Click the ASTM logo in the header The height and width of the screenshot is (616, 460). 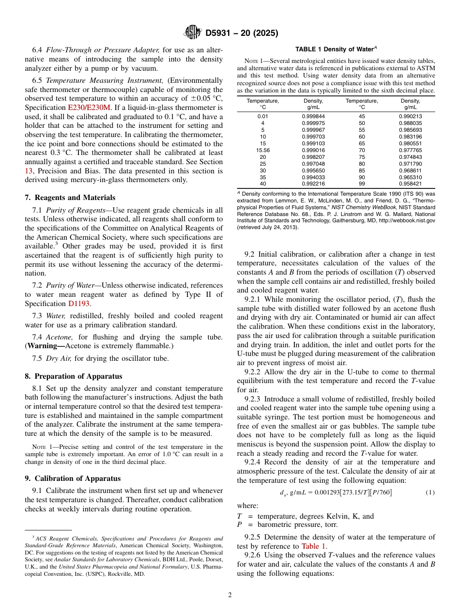click(192, 33)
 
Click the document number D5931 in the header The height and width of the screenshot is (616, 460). click(221, 33)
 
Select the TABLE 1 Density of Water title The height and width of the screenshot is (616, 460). click(336, 49)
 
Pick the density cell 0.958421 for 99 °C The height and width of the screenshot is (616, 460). click(410, 184)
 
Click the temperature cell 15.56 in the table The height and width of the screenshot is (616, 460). click(262, 150)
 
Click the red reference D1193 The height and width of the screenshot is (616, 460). click(79, 304)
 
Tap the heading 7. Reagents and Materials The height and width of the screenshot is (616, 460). click(70, 198)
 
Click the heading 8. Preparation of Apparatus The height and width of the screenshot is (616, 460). click(73, 376)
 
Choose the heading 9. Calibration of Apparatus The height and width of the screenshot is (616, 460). click(73, 478)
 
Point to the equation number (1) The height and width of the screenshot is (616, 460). click(429, 493)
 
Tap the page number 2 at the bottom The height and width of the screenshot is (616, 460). click(230, 595)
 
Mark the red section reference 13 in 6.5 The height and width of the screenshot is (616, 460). click(29, 170)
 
